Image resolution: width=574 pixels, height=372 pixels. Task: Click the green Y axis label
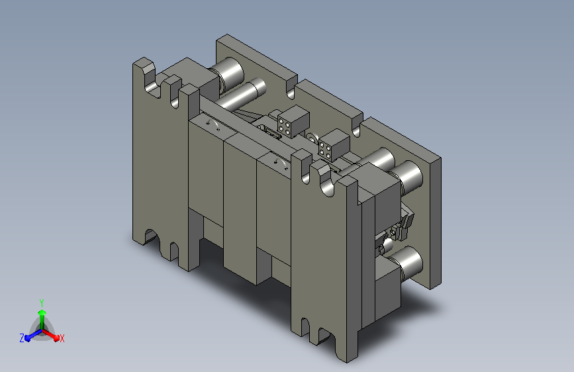pyautogui.click(x=42, y=302)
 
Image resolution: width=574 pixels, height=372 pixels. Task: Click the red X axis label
pyautogui.click(x=62, y=338)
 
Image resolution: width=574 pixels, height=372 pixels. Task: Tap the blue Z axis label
pyautogui.click(x=22, y=338)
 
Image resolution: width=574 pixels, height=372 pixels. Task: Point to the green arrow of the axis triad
pyautogui.click(x=42, y=319)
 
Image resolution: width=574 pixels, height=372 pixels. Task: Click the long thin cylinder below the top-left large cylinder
pyautogui.click(x=242, y=94)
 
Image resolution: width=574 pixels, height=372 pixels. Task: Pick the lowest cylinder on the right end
pyautogui.click(x=407, y=263)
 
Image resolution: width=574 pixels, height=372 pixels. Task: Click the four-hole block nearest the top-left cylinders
pyautogui.click(x=293, y=121)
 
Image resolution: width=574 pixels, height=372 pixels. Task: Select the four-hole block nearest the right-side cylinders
pyautogui.click(x=334, y=144)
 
